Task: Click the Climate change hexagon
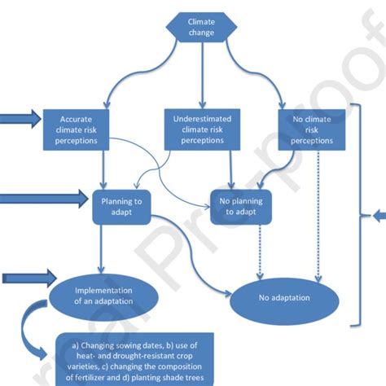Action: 201,27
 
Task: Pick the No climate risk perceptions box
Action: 310,129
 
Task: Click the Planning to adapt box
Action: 121,206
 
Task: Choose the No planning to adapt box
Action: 239,206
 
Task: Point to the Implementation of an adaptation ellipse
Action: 103,295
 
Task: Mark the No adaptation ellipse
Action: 285,298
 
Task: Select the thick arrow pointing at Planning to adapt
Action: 45,198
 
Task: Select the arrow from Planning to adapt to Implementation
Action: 101,248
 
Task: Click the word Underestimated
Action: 201,119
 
